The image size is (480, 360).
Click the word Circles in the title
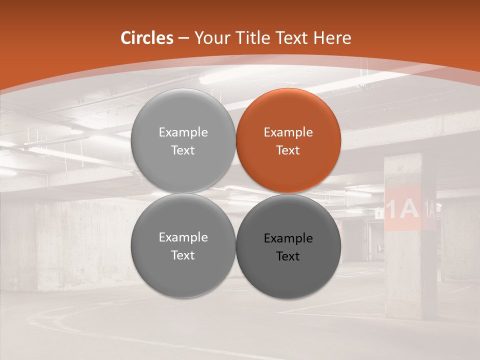(146, 38)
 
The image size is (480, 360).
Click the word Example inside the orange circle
(288, 132)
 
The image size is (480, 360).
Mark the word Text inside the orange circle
(288, 150)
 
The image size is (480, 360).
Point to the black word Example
(288, 238)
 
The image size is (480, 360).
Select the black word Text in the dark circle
(288, 256)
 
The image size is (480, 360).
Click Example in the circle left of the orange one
(183, 132)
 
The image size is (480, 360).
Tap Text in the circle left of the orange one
(183, 150)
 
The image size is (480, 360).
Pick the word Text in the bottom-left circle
(183, 255)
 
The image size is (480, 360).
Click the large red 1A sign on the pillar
(402, 208)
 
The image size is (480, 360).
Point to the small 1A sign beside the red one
(429, 208)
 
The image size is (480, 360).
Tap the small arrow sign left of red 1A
(378, 214)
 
